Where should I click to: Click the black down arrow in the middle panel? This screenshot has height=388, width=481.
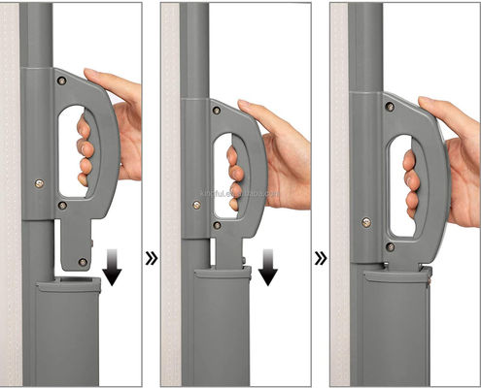(267, 269)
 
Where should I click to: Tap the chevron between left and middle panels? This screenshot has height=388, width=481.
(152, 259)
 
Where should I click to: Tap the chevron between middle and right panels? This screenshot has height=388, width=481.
(319, 259)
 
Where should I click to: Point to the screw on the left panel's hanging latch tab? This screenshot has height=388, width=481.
(82, 261)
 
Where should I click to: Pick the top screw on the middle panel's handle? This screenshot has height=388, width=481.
(216, 111)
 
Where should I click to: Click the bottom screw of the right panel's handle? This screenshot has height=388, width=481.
(390, 246)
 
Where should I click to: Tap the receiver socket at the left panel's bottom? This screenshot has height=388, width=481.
(68, 330)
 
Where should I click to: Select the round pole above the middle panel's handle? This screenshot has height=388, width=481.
(195, 48)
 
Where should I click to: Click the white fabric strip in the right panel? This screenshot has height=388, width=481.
(338, 194)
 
